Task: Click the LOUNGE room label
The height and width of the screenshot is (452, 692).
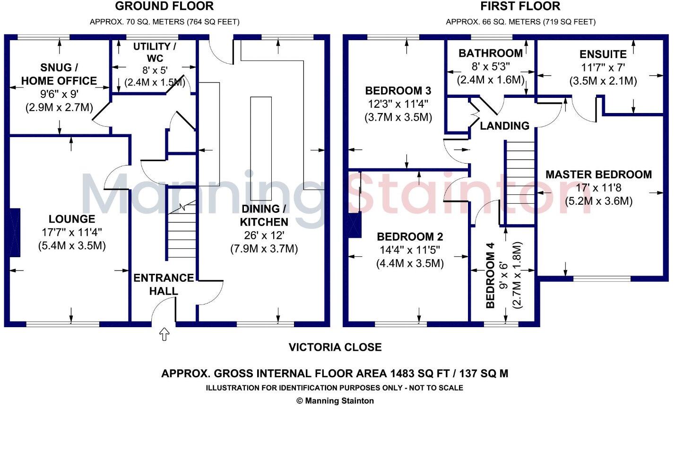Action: point(72,219)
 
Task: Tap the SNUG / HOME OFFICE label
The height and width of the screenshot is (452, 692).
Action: point(59,74)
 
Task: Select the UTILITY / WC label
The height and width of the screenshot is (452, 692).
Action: point(155,52)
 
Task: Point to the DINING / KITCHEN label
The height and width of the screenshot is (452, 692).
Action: point(264,215)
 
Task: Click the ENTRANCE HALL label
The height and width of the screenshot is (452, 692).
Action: point(164,284)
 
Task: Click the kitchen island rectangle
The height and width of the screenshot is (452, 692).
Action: point(261,148)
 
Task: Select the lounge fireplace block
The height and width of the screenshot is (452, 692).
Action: point(15,233)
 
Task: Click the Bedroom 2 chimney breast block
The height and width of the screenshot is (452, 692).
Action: point(354,225)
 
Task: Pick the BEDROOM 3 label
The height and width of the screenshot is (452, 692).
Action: point(398,91)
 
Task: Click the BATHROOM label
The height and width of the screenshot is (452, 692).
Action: point(491,53)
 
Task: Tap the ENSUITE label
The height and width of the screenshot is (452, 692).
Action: point(603,54)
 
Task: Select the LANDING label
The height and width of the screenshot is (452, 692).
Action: point(504,126)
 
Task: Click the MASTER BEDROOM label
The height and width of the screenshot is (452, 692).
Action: point(598,174)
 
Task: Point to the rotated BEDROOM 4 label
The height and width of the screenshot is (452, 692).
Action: point(490,275)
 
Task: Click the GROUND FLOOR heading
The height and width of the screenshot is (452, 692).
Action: point(164,7)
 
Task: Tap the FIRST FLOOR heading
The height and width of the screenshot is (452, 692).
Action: point(520,7)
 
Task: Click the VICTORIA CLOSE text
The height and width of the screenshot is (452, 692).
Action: point(335,348)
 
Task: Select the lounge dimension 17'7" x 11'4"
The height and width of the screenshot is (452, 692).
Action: point(72,232)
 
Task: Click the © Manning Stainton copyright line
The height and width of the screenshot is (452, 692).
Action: point(335,401)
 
